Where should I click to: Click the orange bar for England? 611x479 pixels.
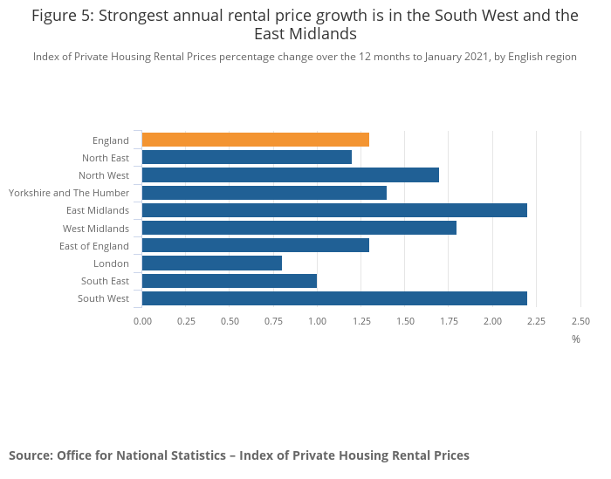tap(256, 140)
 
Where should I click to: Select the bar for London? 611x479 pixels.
tap(212, 263)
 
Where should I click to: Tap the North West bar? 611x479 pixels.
tap(291, 174)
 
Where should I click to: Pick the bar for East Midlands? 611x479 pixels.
tap(334, 210)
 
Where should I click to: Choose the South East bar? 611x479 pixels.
tap(230, 281)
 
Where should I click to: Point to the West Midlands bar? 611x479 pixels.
tap(299, 228)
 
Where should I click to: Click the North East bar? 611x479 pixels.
tap(247, 157)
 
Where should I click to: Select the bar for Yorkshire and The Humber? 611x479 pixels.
tap(264, 193)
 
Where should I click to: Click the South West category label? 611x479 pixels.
tap(105, 298)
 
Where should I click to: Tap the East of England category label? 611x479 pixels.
tap(93, 246)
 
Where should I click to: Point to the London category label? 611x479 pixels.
tap(111, 263)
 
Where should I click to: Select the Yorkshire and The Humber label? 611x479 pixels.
tap(69, 193)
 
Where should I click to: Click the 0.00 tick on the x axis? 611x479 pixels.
tap(142, 321)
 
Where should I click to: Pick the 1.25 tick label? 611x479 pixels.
tap(361, 321)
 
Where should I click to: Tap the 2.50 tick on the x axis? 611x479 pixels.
tap(580, 321)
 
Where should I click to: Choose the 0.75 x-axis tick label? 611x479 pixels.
tap(274, 321)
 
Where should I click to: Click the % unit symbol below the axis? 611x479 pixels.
tap(576, 339)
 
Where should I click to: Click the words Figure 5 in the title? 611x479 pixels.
tap(65, 16)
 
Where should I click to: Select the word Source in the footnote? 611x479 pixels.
tap(30, 455)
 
